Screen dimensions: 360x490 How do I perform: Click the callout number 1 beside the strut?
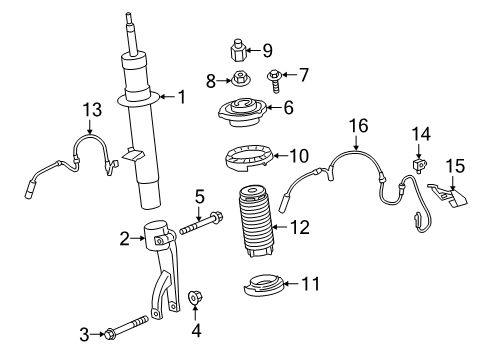(x=182, y=97)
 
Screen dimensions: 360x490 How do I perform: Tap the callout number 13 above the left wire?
(x=92, y=109)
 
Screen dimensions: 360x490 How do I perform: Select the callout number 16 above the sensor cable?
(x=358, y=125)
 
